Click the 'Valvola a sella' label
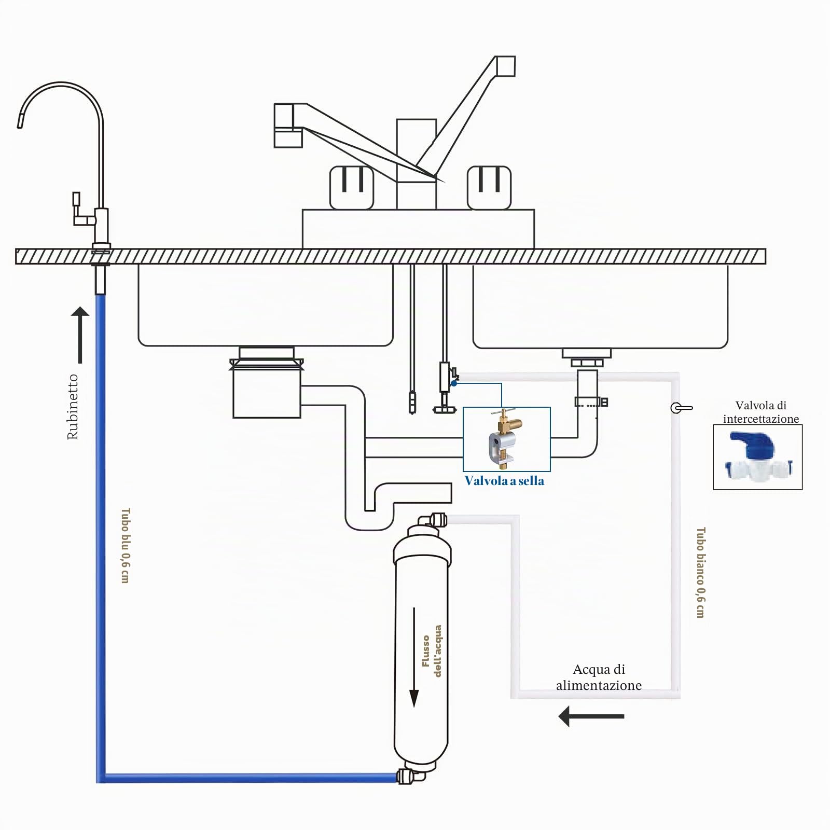[504, 481]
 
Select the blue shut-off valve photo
[757, 457]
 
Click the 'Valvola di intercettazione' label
[761, 412]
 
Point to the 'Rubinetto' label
[73, 407]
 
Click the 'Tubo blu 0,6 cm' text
[125, 545]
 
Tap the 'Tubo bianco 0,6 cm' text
[700, 573]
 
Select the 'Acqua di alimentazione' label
[599, 677]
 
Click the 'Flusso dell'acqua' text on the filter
[432, 651]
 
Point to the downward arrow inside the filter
[414, 657]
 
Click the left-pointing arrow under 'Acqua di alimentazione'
[591, 716]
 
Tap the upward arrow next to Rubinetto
[80, 335]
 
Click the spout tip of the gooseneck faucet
[20, 124]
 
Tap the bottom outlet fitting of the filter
[410, 776]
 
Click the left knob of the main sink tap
[352, 188]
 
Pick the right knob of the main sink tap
[489, 188]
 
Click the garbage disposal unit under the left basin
[267, 382]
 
